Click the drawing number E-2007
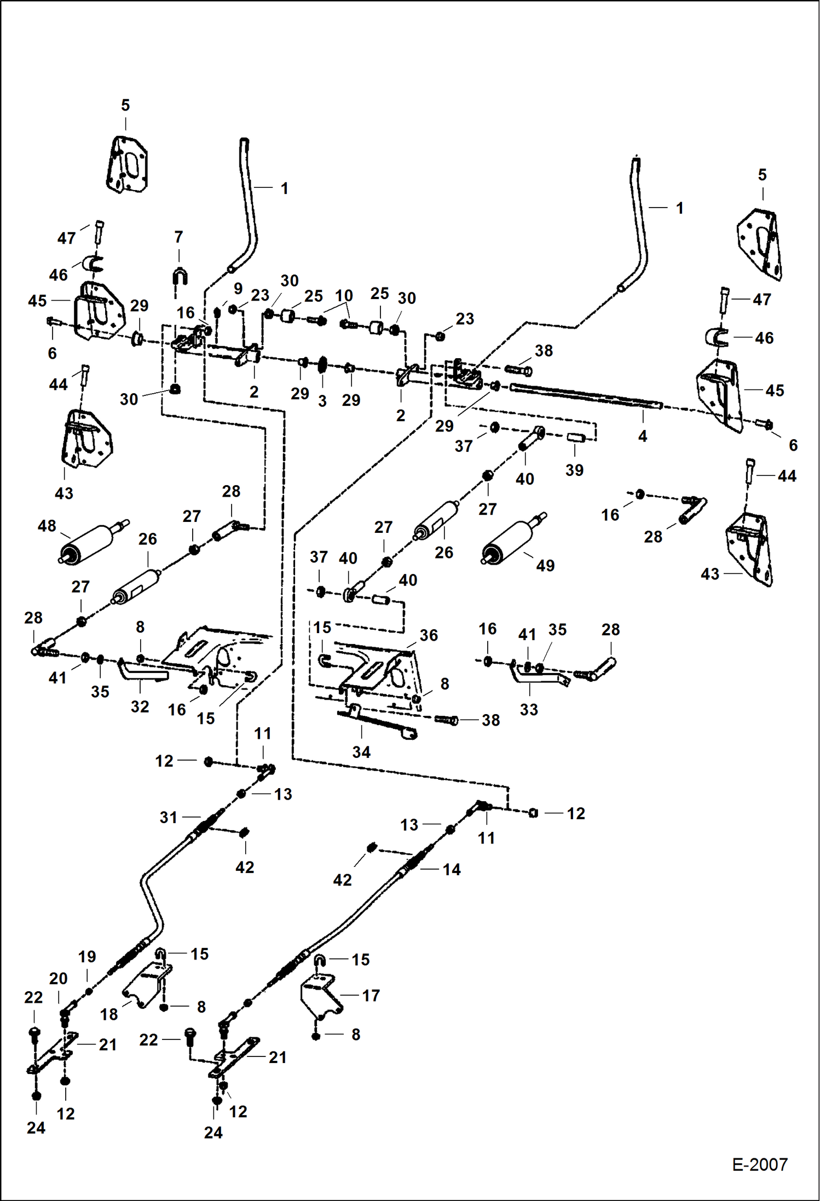point(759,1164)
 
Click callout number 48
point(47,526)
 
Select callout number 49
point(545,565)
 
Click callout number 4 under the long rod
point(642,436)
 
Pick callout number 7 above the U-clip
point(178,237)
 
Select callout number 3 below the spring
point(322,401)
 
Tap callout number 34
point(361,752)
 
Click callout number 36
point(428,635)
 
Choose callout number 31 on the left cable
point(169,818)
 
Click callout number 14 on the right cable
point(451,869)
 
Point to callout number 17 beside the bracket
point(371,995)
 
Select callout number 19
point(87,957)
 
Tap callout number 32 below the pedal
point(140,706)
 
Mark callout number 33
point(528,709)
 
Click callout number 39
point(574,470)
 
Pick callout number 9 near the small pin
point(238,289)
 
